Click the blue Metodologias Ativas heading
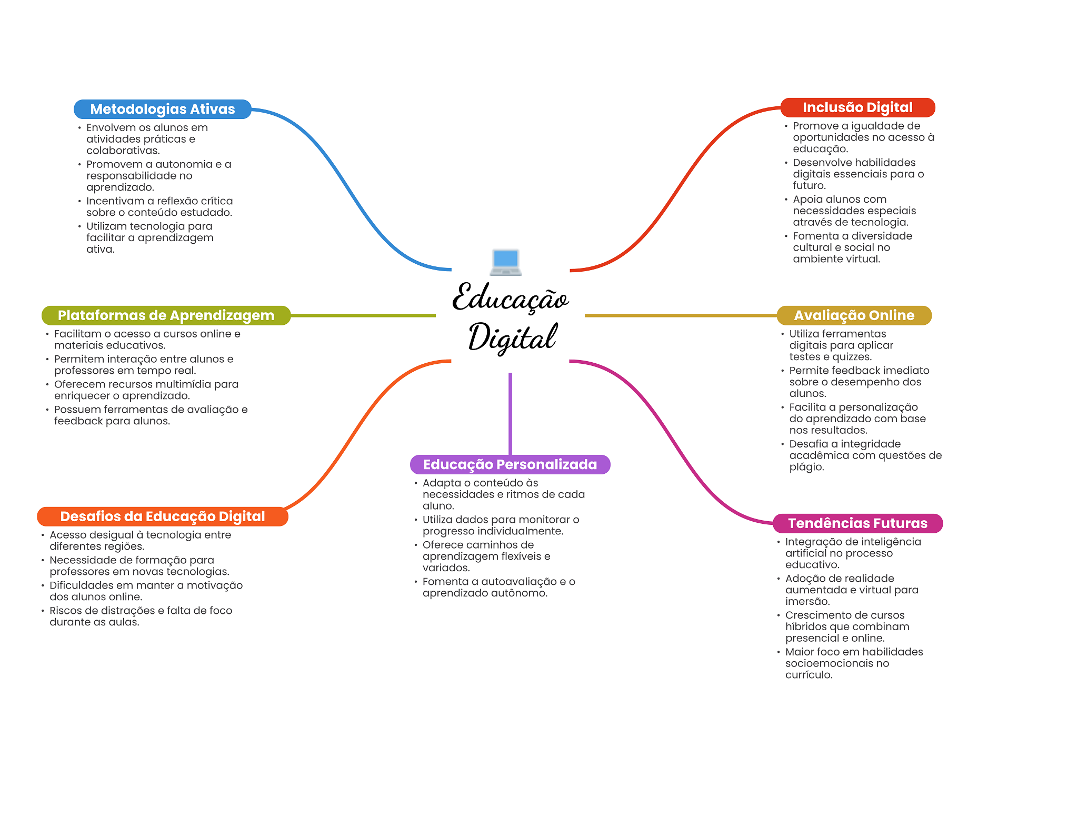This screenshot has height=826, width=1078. click(162, 109)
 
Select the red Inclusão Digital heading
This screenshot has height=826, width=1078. click(857, 107)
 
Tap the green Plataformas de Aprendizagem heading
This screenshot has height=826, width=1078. click(166, 315)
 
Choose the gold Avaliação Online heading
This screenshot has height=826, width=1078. click(854, 315)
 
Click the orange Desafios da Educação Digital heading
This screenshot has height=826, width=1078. click(162, 516)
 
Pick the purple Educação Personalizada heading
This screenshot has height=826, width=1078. click(510, 464)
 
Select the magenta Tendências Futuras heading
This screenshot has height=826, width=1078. click(857, 523)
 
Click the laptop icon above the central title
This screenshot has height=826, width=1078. click(505, 262)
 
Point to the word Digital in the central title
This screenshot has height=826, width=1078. click(512, 337)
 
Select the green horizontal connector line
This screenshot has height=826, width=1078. click(363, 315)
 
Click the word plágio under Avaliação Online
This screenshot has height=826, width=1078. click(806, 467)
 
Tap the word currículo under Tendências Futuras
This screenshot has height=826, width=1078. click(808, 675)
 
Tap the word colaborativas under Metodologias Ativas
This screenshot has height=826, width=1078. click(123, 151)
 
